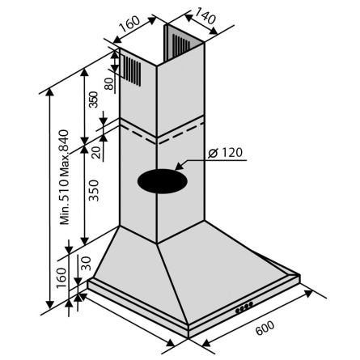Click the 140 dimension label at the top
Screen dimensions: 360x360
[x=205, y=15]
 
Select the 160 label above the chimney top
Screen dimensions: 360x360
[x=129, y=24]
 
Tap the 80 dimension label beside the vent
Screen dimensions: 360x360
[x=109, y=83]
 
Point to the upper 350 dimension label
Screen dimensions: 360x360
[x=94, y=100]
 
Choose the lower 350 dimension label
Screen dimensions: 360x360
[x=94, y=190]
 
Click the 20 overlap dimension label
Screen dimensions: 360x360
[x=96, y=153]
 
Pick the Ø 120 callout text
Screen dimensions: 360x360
[x=226, y=153]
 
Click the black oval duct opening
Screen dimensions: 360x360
[x=163, y=181]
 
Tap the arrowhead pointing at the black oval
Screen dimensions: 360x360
[x=180, y=165]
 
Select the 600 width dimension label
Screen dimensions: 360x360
[x=265, y=328]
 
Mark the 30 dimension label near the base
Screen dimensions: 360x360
[x=87, y=264]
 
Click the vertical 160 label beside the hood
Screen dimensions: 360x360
[x=61, y=277]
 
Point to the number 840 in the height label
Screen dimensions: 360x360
[x=64, y=141]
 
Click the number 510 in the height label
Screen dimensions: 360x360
[x=65, y=189]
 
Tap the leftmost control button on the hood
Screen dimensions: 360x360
[x=238, y=311]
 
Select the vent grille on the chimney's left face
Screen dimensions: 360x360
[x=132, y=70]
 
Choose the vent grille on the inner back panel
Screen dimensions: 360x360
[x=182, y=44]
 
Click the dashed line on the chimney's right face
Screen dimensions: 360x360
[x=180, y=132]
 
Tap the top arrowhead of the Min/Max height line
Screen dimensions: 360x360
[x=49, y=93]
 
